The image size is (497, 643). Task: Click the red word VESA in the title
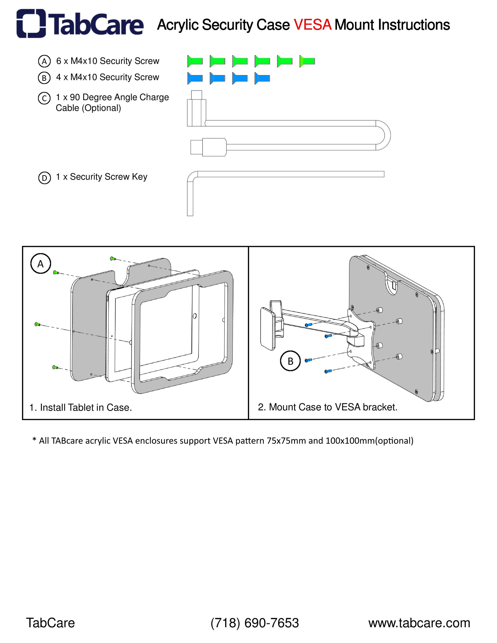313,25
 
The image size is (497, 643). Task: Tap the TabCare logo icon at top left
31,24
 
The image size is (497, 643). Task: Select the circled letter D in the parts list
45,178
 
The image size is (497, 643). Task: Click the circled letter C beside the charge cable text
44,98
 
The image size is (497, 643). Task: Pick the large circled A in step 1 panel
41,264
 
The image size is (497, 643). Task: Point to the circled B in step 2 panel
290,361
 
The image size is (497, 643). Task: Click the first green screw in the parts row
195,61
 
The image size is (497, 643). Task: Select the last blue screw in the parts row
262,78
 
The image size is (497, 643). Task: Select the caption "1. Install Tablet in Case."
80,407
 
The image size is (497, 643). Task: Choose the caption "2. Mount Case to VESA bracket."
327,407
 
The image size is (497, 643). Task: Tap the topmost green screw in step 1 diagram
112,259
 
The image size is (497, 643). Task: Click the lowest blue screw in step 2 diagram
328,372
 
